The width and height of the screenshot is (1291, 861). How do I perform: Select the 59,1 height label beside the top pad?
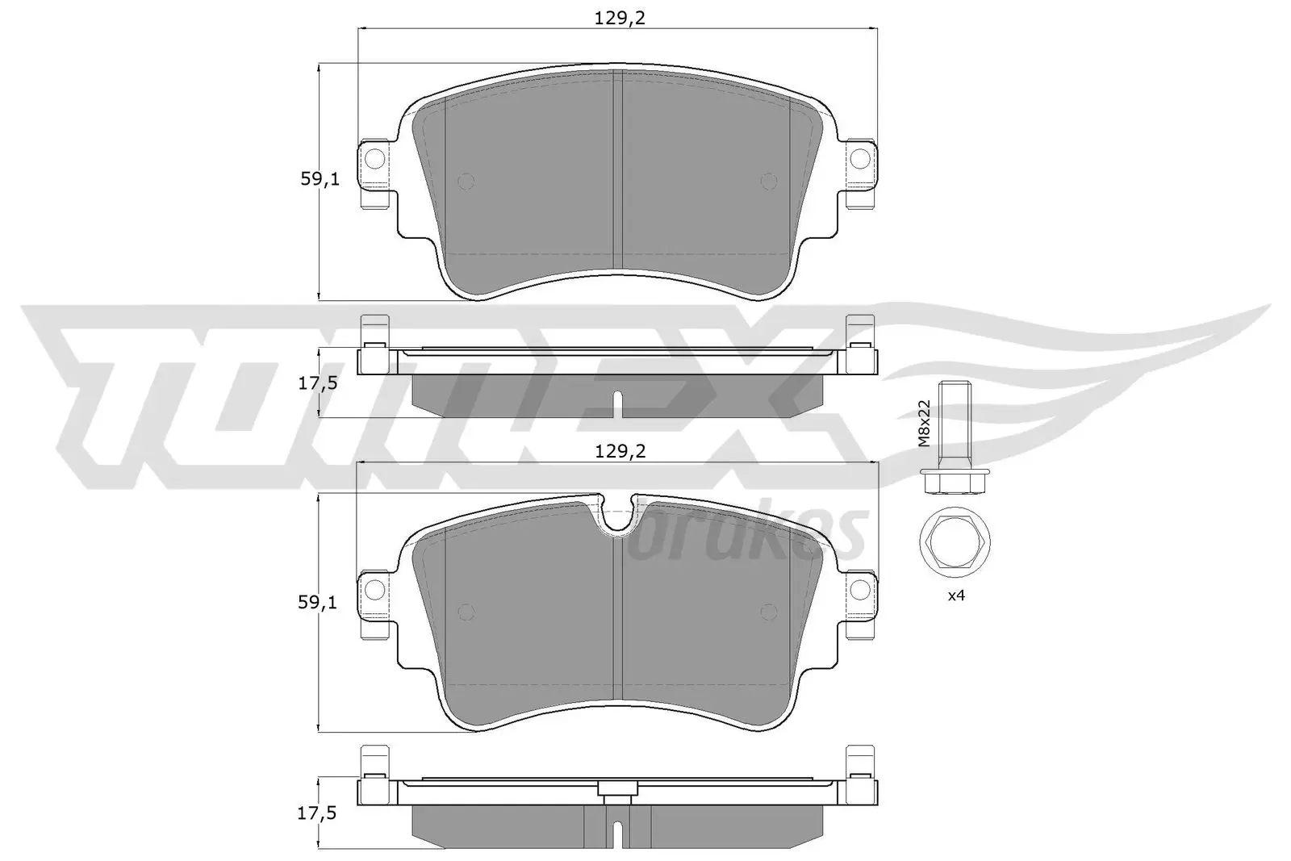(320, 179)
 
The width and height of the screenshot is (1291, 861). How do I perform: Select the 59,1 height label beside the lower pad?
(320, 602)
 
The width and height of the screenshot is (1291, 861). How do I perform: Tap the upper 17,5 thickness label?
(316, 384)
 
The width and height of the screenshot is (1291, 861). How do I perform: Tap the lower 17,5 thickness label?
(316, 813)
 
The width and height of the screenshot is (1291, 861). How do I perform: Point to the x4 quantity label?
(955, 596)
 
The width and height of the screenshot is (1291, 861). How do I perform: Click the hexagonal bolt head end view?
(955, 542)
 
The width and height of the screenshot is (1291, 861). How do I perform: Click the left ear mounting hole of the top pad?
(374, 160)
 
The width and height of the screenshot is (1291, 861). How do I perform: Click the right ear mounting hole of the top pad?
(861, 160)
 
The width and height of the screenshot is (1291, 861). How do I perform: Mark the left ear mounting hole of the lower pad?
(374, 590)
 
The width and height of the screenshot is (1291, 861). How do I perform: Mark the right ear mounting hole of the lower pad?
(861, 590)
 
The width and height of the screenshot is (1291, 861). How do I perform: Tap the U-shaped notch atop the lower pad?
(618, 516)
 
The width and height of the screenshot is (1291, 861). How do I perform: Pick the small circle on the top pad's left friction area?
(465, 182)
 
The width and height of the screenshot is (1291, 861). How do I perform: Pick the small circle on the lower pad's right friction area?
(769, 612)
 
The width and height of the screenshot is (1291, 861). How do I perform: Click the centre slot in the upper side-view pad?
(617, 404)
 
